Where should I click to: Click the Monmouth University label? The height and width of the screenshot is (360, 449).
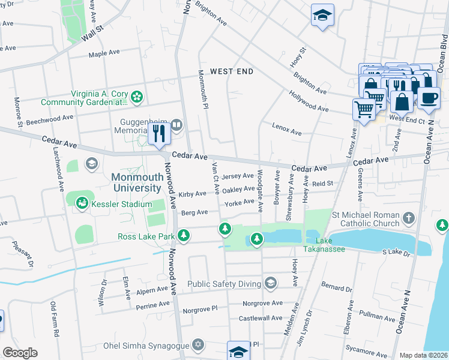[x=136, y=182]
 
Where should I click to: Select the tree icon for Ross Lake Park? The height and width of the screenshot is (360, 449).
[x=184, y=236]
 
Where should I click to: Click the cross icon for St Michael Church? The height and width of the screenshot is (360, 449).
[x=409, y=218]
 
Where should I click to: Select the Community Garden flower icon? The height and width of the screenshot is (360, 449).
[x=137, y=96]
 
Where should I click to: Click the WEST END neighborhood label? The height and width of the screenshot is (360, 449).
[x=232, y=71]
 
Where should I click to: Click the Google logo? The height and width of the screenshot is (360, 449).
[x=19, y=353]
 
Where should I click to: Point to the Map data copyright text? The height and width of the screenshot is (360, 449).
[x=423, y=355]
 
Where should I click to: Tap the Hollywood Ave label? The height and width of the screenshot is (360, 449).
[x=309, y=101]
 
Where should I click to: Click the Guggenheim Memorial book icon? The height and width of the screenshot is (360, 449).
[x=176, y=125]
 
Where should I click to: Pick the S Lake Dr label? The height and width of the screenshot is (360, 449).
[x=396, y=253]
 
